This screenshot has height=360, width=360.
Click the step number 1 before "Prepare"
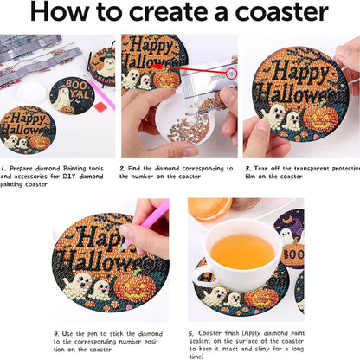point(3,169)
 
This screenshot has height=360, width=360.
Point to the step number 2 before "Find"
point(124,169)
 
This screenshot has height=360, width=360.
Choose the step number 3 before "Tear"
point(246,169)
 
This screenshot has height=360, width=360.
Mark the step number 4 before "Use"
point(56,332)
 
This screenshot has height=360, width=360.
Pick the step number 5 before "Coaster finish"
point(191,332)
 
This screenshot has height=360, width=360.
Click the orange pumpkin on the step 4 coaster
point(130,286)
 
